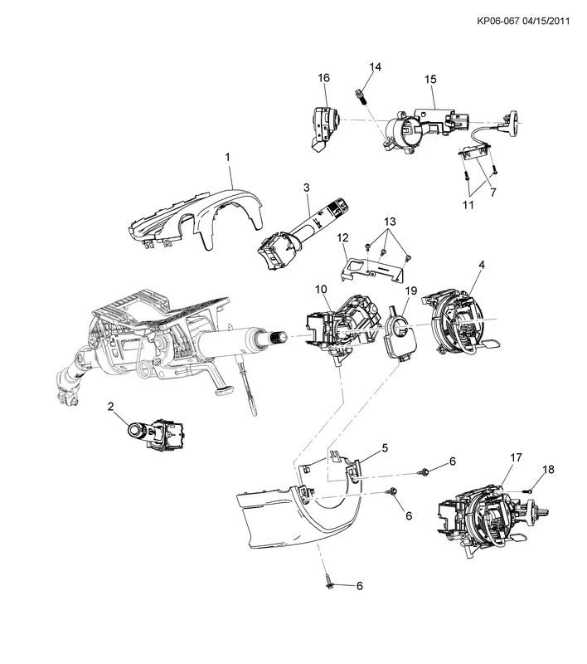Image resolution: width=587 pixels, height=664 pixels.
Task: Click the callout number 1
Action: (227, 157)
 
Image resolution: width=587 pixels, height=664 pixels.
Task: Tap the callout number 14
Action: (375, 67)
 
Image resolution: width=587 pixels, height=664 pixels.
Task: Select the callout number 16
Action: (324, 78)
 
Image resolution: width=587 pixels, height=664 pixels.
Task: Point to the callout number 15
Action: (430, 79)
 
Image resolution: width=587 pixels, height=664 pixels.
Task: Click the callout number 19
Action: (411, 291)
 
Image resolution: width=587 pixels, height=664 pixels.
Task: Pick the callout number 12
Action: (342, 237)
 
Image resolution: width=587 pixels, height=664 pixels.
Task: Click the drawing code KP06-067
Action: (497, 21)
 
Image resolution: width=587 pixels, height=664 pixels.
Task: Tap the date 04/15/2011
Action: (546, 21)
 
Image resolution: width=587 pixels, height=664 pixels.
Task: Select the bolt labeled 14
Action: (360, 99)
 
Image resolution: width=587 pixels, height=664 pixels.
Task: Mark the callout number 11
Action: (468, 205)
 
